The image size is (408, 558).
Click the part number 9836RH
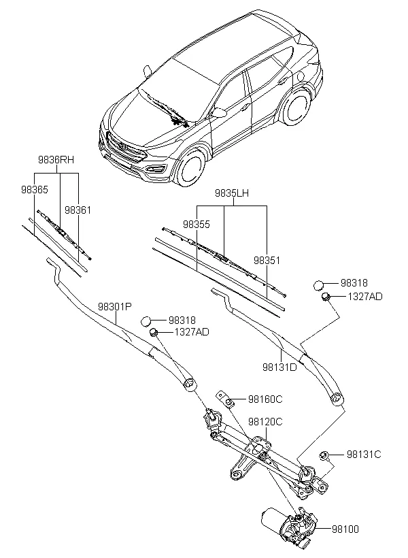[x=56, y=160]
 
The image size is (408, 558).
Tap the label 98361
[x=78, y=210]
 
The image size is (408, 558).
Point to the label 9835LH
[x=232, y=193]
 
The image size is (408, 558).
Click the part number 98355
[x=196, y=224]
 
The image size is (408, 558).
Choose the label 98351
[x=267, y=260]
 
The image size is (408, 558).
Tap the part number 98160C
[x=265, y=399]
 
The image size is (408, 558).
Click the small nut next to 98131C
[x=325, y=455]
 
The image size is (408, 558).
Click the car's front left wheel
[x=190, y=169]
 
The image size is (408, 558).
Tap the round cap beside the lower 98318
[x=148, y=321]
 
